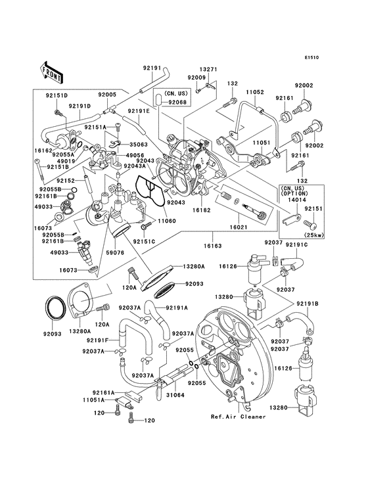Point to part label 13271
pyautogui.click(x=208, y=68)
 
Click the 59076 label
pyautogui.click(x=115, y=252)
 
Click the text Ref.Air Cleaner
pyautogui.click(x=238, y=417)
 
